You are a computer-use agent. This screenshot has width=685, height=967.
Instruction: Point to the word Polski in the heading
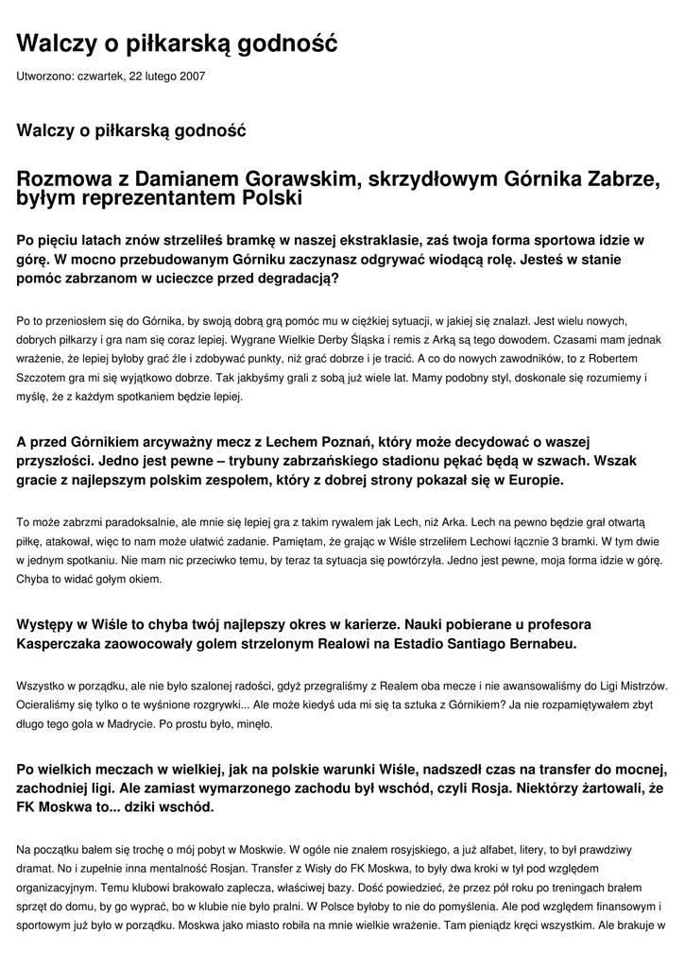pyautogui.click(x=272, y=198)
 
